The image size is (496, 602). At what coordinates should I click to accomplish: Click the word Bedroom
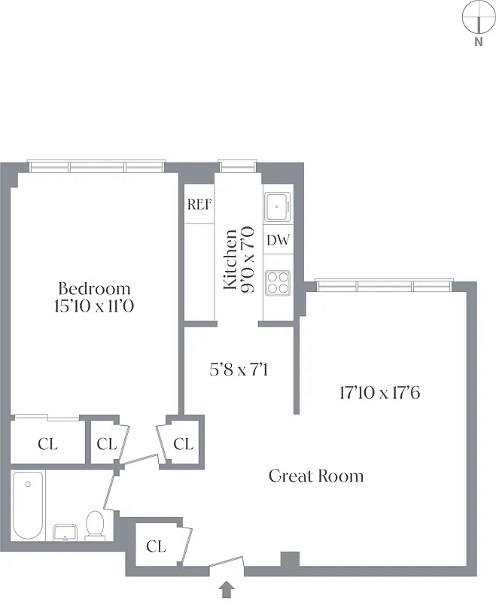tap(94, 288)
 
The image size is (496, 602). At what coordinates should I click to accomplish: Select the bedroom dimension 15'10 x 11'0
tap(94, 306)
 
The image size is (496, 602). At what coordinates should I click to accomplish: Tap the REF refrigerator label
tap(199, 205)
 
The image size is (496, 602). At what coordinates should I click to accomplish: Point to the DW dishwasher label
tap(278, 241)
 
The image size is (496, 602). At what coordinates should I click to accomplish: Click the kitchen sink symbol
tap(278, 205)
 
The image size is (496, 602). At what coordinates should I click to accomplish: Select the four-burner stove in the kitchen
tap(278, 281)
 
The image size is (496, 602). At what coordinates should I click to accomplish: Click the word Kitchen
tap(231, 260)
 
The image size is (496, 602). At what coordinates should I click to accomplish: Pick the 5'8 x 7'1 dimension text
tap(239, 370)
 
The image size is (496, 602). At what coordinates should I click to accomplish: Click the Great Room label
tap(316, 476)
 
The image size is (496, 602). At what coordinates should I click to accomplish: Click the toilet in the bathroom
tap(95, 524)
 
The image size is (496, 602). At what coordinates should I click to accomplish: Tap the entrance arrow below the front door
tap(228, 587)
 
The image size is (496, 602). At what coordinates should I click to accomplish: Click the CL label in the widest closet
tap(47, 444)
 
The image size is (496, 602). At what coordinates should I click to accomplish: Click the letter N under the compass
tap(478, 42)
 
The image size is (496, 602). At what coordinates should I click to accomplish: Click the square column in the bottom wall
tap(289, 560)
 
